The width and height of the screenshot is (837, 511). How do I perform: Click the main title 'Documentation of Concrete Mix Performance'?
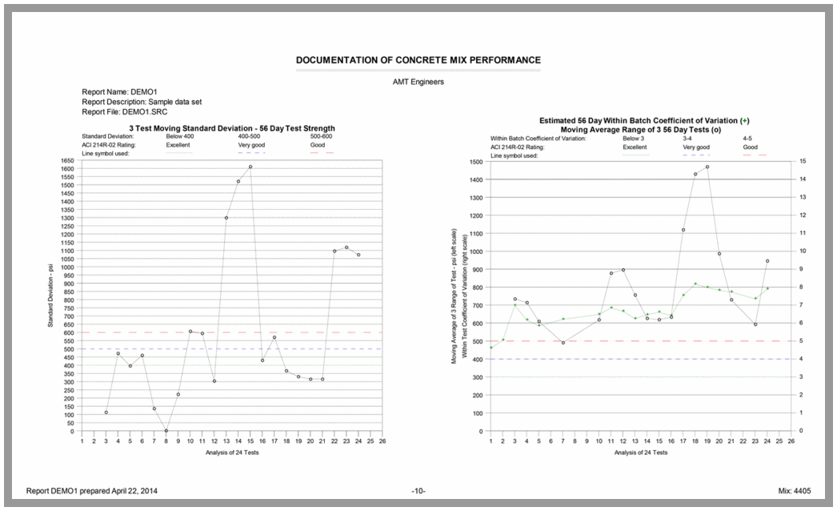click(x=418, y=60)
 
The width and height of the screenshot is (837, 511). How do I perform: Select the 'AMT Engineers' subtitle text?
click(x=418, y=81)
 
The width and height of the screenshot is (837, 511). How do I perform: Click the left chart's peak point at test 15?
click(x=250, y=167)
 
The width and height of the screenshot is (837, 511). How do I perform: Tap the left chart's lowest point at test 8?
click(x=166, y=430)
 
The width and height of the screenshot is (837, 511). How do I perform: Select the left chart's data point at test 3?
click(x=106, y=412)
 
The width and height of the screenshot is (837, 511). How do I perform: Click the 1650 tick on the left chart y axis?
click(x=66, y=161)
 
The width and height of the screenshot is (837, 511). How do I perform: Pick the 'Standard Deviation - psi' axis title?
click(x=50, y=296)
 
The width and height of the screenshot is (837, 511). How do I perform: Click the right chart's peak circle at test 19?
click(x=707, y=167)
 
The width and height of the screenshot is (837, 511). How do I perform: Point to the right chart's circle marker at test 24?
click(x=767, y=261)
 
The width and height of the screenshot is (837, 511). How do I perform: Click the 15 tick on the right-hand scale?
click(x=802, y=161)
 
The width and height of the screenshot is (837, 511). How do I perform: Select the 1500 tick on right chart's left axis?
click(x=475, y=161)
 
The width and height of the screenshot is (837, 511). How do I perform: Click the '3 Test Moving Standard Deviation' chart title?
click(x=231, y=128)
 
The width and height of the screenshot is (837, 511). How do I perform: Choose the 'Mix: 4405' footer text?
click(x=793, y=489)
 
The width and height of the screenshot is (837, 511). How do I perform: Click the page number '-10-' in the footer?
click(x=418, y=489)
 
